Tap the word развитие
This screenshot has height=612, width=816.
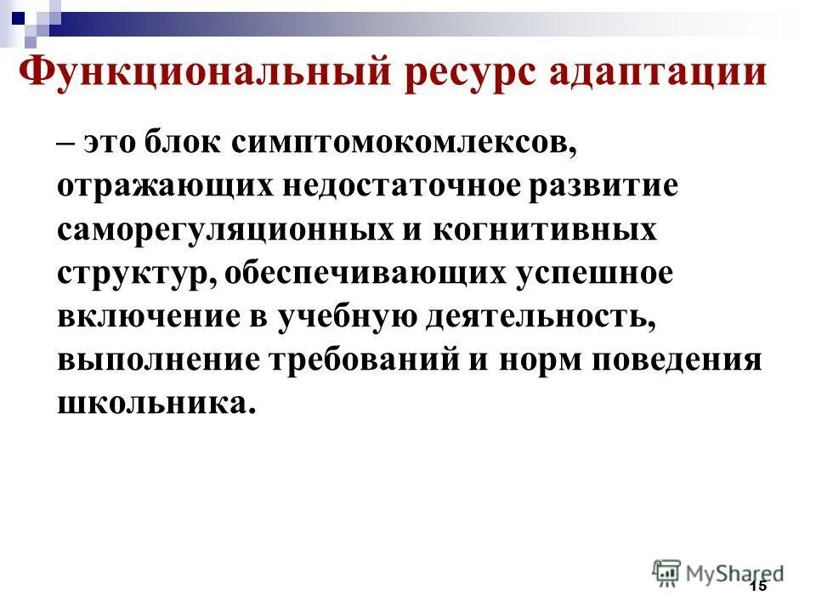pos(603,185)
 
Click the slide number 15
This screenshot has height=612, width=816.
pos(758,586)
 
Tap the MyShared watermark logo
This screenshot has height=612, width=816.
pos(717,572)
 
